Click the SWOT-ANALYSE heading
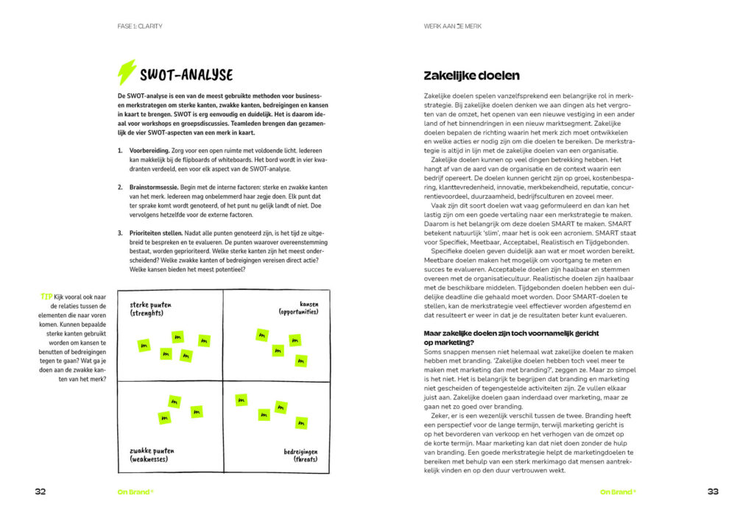[186, 74]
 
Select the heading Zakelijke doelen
[471, 75]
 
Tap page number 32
[40, 492]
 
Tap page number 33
[713, 492]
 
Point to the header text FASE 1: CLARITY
[139, 26]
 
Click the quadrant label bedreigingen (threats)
[300, 455]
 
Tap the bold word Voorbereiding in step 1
[149, 150]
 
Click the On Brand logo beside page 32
[135, 492]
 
